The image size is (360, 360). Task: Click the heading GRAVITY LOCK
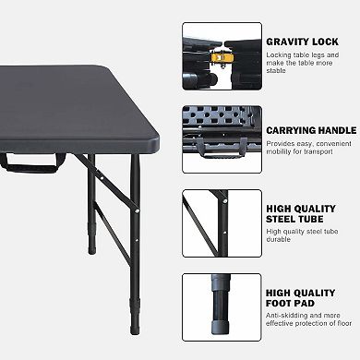[302, 42]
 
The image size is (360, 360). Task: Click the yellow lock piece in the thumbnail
[221, 57]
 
